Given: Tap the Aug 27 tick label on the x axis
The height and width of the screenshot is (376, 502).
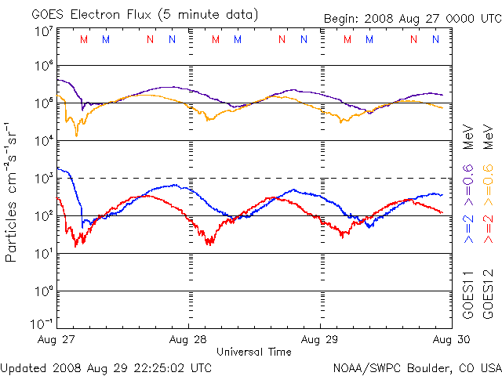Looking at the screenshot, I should pyautogui.click(x=55, y=340).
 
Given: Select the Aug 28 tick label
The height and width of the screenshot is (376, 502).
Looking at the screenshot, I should pyautogui.click(x=188, y=340).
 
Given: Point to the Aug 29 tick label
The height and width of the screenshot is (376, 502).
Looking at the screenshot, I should pyautogui.click(x=320, y=340).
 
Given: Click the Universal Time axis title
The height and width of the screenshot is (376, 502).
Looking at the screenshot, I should pyautogui.click(x=254, y=352).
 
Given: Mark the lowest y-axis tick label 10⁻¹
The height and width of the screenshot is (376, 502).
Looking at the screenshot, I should pyautogui.click(x=42, y=325).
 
